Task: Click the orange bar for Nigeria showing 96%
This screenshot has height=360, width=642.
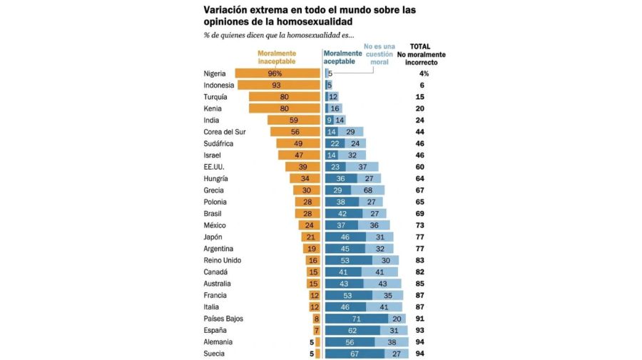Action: [277, 73]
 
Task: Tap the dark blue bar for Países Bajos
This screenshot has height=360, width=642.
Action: [357, 319]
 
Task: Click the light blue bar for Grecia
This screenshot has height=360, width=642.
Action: [368, 190]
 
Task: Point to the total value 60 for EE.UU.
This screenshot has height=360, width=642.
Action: [420, 167]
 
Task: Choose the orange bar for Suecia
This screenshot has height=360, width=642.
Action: [317, 354]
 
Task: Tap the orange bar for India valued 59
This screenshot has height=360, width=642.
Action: [293, 120]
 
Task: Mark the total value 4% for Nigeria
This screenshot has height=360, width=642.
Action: [423, 73]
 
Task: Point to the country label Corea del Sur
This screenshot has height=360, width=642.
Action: [225, 132]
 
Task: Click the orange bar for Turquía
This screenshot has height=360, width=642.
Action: [284, 97]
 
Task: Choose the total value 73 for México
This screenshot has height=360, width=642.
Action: [420, 225]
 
